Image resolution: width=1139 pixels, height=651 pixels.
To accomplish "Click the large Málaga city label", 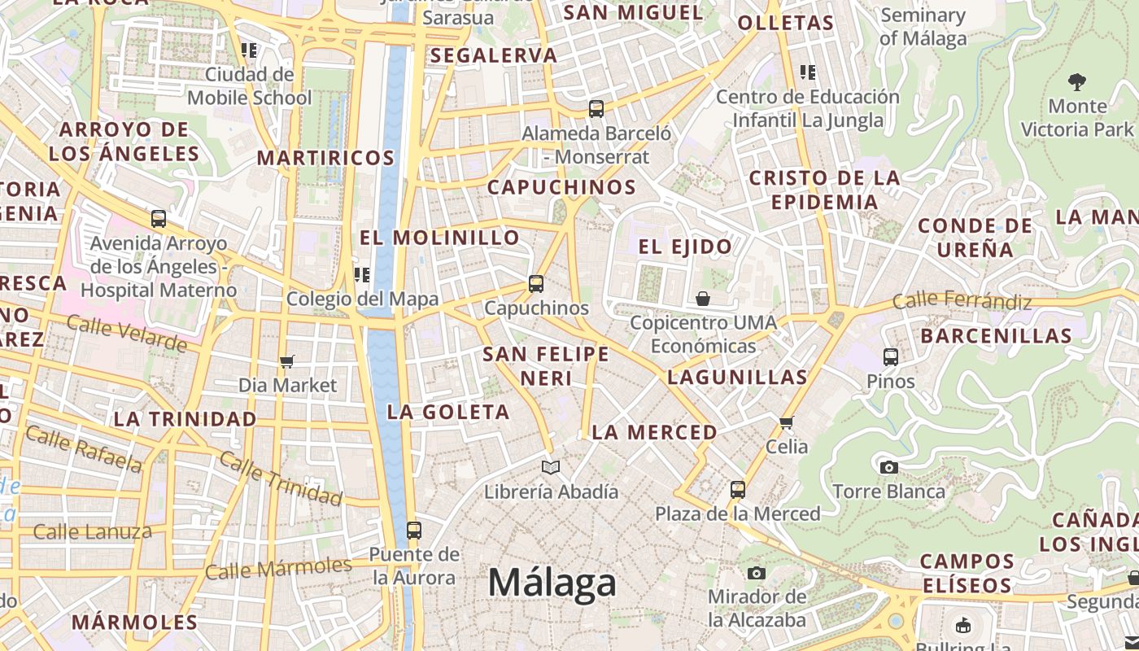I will [x=552, y=583].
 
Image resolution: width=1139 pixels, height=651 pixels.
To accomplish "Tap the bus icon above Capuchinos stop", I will [x=535, y=284].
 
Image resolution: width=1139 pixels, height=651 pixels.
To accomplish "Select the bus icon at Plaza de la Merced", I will [x=738, y=490].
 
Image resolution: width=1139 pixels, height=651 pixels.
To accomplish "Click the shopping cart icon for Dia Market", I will [x=286, y=361].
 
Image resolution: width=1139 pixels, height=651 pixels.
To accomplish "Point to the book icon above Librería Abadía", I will [x=551, y=467].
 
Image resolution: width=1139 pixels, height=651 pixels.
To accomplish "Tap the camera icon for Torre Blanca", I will [x=888, y=467].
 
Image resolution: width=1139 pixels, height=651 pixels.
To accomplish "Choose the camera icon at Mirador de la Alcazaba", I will [x=757, y=573].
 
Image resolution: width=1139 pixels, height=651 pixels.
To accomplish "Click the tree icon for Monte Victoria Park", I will [x=1077, y=81].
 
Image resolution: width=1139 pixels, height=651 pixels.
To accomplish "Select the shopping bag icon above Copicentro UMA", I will [x=703, y=299].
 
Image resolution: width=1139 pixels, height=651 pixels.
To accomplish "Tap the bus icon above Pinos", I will [x=891, y=356].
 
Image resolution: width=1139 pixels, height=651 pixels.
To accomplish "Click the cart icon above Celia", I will [x=786, y=422].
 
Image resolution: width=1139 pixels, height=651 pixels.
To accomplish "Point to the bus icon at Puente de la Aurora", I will [x=414, y=531].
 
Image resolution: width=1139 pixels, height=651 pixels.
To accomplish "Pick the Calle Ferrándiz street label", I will [x=962, y=302].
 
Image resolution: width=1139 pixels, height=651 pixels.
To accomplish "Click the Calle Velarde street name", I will [x=127, y=333].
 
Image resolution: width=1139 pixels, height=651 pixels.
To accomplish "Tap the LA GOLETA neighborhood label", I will [x=448, y=412].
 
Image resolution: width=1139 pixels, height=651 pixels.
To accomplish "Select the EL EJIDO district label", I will [x=685, y=247].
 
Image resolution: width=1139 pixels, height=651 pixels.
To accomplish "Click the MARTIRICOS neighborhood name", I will [x=325, y=158].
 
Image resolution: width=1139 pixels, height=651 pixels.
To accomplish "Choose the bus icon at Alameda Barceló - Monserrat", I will [x=596, y=109].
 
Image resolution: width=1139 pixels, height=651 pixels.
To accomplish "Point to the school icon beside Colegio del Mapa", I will [x=361, y=275].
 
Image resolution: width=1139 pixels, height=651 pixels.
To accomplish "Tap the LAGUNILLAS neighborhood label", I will [x=737, y=378].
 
